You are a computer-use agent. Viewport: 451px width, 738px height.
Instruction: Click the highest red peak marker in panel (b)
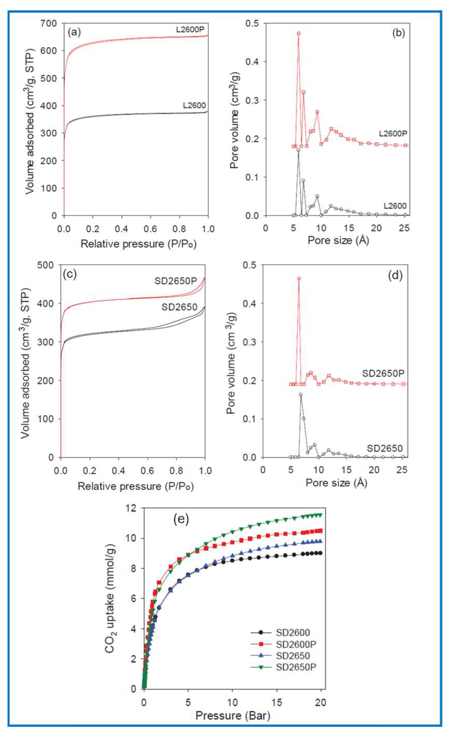[299, 34]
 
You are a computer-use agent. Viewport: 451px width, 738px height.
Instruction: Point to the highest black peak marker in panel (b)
[298, 150]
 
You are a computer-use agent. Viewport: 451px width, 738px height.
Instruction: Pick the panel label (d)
[395, 275]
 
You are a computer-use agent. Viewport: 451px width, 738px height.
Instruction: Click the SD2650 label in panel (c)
[179, 307]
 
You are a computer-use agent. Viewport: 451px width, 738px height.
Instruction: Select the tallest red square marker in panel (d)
[299, 278]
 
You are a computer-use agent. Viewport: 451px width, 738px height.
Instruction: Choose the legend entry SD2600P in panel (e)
[293, 644]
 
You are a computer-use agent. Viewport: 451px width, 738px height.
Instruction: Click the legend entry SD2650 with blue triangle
[293, 656]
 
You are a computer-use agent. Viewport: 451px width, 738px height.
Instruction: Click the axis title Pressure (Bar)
[233, 716]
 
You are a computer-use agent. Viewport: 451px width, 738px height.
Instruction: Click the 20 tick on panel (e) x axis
[321, 702]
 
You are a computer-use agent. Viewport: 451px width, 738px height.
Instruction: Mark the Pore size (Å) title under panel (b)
[338, 240]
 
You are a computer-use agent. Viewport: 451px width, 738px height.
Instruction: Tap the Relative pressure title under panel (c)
[136, 486]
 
